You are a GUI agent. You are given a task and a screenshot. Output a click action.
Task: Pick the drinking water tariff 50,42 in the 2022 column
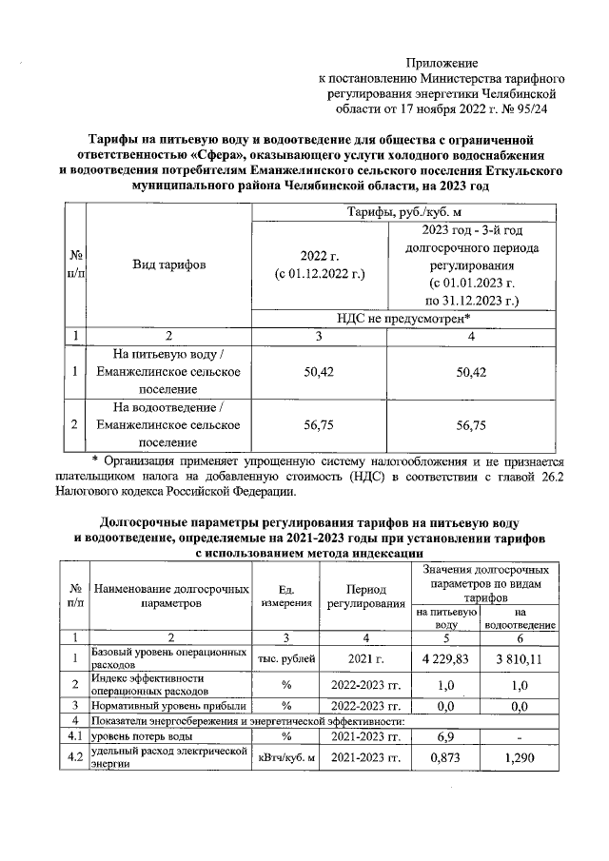click(319, 373)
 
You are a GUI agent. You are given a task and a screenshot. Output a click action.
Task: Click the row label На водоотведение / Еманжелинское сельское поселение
click(168, 425)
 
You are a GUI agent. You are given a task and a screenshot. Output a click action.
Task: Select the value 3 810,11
click(520, 658)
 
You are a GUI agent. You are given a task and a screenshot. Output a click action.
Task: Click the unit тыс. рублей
click(285, 658)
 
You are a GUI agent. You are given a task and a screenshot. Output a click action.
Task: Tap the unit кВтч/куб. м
click(285, 757)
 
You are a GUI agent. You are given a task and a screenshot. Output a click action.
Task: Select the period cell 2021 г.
click(365, 658)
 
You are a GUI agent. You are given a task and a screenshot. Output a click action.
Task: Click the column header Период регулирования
click(365, 597)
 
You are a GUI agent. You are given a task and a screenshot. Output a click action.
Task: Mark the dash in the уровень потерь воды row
click(520, 737)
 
